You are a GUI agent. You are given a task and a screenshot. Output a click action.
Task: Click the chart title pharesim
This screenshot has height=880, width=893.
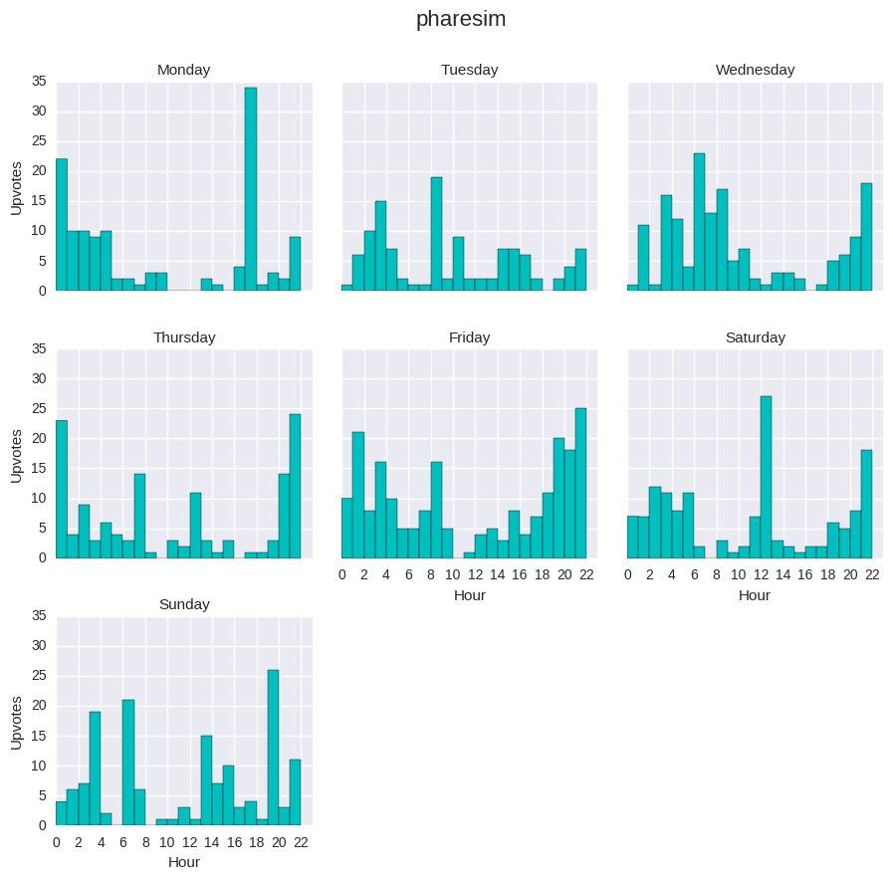click(460, 19)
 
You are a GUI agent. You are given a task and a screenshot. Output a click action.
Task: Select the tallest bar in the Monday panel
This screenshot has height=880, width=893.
click(251, 189)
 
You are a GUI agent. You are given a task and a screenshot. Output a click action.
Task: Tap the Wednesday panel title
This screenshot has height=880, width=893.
click(755, 70)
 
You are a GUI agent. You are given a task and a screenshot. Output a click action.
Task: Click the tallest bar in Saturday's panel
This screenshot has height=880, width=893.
click(766, 477)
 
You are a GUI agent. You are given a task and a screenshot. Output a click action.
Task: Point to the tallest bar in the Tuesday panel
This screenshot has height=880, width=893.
click(436, 234)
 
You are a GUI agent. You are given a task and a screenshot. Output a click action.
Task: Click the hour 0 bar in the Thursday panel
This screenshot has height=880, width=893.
click(62, 489)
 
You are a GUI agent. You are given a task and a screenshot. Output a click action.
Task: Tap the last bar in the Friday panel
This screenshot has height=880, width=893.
click(580, 483)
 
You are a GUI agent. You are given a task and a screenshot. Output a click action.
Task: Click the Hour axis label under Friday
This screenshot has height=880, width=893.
click(470, 595)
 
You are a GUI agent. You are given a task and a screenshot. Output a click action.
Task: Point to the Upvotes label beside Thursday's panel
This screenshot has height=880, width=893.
click(16, 455)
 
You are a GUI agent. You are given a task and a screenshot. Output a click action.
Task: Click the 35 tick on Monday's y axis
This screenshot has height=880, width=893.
click(39, 82)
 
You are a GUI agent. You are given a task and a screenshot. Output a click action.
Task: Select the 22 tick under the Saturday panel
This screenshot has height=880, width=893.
click(872, 574)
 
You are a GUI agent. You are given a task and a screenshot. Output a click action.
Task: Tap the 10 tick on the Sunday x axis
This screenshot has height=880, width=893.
click(167, 842)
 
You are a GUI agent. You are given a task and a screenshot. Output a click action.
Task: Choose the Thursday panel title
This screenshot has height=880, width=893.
click(184, 337)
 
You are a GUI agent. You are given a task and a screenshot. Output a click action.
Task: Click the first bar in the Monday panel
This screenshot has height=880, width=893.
click(62, 225)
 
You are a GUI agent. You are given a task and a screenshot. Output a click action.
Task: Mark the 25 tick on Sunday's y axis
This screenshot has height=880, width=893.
click(39, 676)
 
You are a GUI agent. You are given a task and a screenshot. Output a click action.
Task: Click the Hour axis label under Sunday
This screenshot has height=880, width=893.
click(184, 862)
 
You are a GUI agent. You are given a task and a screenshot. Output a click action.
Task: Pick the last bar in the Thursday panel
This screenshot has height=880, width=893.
click(295, 486)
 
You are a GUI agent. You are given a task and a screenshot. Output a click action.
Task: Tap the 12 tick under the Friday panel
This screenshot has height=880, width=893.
click(475, 574)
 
